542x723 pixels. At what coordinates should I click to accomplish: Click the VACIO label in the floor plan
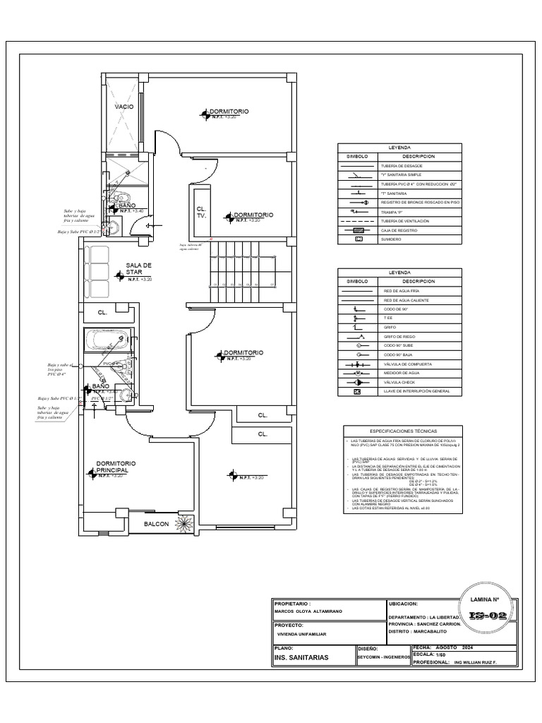tap(124, 107)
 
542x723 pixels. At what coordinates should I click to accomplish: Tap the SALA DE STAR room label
tap(139, 268)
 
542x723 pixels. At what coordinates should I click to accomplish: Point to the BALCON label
tap(157, 524)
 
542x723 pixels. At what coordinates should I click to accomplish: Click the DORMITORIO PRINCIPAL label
tap(116, 466)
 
